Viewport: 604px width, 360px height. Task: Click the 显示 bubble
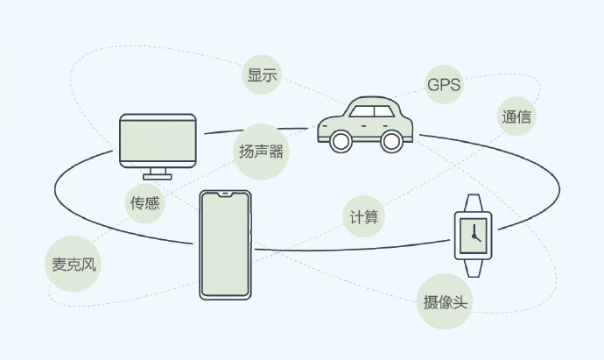point(263,75)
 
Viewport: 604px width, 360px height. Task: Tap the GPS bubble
point(444,85)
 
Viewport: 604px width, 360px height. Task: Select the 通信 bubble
point(516,116)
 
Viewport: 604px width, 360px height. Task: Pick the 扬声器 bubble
point(261,151)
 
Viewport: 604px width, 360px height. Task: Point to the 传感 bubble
point(144,203)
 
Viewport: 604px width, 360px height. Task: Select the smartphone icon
point(225,244)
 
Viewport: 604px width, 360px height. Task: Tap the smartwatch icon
point(472,232)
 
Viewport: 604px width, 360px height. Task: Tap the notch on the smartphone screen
point(225,194)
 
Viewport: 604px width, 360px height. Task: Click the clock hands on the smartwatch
point(474,234)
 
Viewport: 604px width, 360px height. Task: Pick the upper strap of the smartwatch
point(473,201)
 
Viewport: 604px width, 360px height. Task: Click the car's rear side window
point(384,111)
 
